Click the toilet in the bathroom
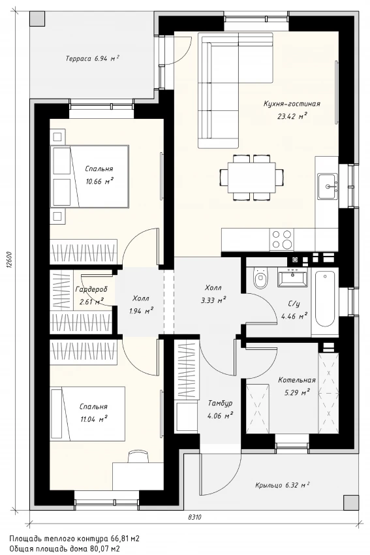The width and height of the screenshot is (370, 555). pyautogui.click(x=261, y=278)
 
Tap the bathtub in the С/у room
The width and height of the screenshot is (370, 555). pyautogui.click(x=325, y=299)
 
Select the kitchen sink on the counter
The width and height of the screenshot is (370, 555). pyautogui.click(x=328, y=186)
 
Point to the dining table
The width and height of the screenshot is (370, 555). pyautogui.click(x=251, y=177)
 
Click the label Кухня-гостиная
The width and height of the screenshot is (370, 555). pyautogui.click(x=292, y=104)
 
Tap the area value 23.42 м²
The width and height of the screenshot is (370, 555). pyautogui.click(x=292, y=116)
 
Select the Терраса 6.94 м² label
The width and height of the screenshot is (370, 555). pyautogui.click(x=92, y=58)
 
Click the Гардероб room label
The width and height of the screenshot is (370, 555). pyautogui.click(x=91, y=289)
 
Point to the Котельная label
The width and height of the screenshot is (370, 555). pyautogui.click(x=296, y=380)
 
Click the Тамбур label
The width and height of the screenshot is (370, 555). pyautogui.click(x=220, y=403)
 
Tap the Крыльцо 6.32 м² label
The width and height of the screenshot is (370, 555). pyautogui.click(x=283, y=485)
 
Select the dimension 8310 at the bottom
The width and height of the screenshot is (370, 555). pyautogui.click(x=194, y=517)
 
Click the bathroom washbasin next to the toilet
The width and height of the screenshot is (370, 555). pyautogui.click(x=292, y=277)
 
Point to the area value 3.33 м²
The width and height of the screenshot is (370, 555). pyautogui.click(x=213, y=300)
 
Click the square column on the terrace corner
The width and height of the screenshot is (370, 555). pyautogui.click(x=37, y=18)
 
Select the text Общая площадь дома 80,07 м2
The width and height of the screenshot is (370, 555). pyautogui.click(x=65, y=548)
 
